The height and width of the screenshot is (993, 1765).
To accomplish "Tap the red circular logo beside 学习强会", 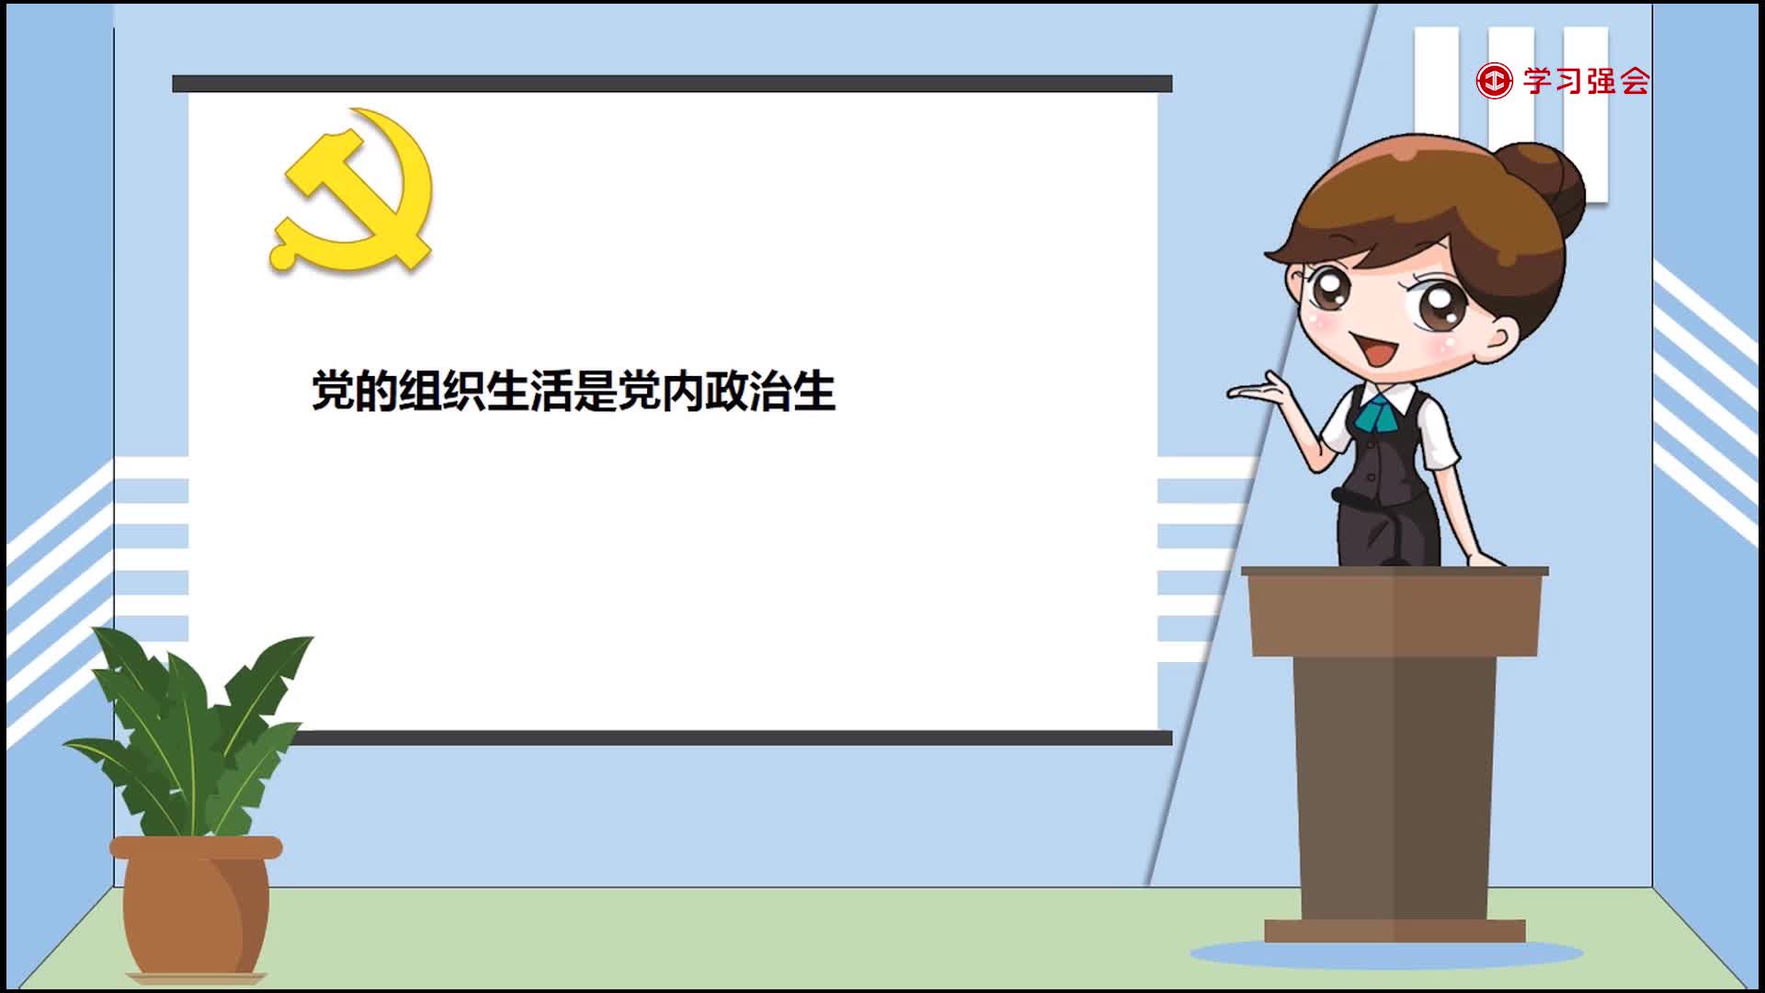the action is [1494, 81].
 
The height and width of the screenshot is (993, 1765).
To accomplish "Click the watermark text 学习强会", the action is [1587, 81].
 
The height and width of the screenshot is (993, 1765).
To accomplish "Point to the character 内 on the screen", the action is [681, 391].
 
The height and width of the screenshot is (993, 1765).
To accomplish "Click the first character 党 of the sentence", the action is [333, 391].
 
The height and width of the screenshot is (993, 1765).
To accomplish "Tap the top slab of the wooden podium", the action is [1395, 572].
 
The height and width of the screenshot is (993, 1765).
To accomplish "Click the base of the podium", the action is [1395, 930].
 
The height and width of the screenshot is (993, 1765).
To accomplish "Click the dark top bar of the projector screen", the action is [672, 84].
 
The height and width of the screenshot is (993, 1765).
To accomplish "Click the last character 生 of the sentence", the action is [814, 391].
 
